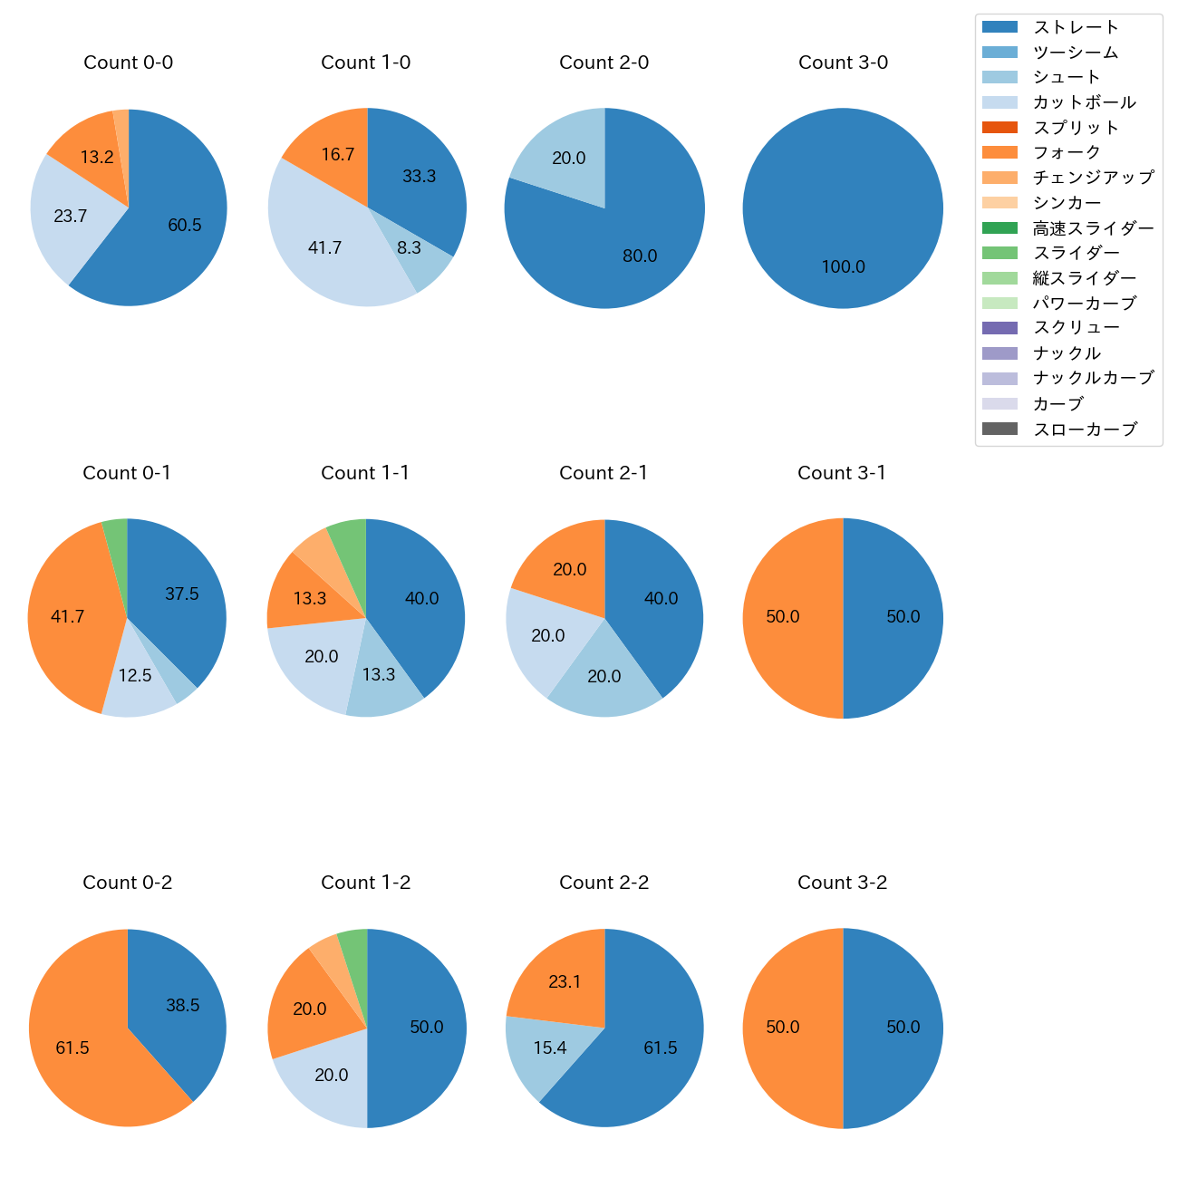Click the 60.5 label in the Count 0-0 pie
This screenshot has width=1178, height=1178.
(185, 226)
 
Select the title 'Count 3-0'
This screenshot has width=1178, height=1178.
(843, 63)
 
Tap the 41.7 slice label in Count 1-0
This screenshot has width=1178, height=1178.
(325, 247)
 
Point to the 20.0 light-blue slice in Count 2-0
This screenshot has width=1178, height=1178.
(562, 154)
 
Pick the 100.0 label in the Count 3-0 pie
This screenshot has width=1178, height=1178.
(844, 267)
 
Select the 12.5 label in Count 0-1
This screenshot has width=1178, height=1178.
(135, 676)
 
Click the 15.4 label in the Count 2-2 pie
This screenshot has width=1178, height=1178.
(550, 1048)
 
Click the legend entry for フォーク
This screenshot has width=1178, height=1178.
(1067, 152)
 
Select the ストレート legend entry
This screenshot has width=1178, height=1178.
(1076, 27)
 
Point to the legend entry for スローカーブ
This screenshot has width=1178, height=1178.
(1085, 430)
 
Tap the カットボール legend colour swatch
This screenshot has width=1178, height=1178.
(999, 102)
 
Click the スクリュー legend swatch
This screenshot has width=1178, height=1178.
(999, 328)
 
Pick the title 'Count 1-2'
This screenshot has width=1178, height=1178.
(366, 883)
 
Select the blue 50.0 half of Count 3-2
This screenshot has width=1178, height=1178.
(897, 1028)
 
